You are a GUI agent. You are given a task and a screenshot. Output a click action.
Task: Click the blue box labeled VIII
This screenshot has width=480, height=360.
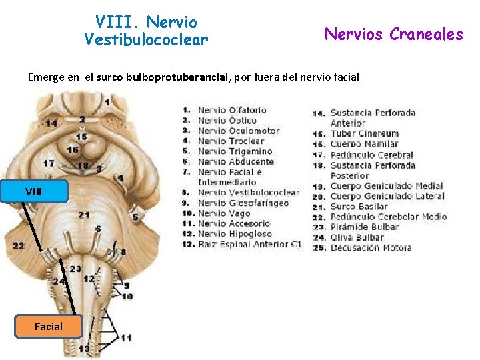click(34, 191)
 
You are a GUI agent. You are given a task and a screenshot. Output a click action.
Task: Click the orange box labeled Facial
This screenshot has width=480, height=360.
click(48, 326)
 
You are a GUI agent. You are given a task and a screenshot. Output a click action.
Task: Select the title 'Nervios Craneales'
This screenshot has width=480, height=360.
click(393, 34)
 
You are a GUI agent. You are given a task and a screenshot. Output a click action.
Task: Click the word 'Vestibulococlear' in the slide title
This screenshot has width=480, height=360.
click(146, 40)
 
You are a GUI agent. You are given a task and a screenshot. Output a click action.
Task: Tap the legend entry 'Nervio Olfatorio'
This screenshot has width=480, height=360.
click(232, 110)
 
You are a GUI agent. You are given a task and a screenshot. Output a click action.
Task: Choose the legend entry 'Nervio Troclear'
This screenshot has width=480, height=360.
click(231, 141)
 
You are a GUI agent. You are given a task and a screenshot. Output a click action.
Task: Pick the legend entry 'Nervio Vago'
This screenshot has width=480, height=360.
click(225, 213)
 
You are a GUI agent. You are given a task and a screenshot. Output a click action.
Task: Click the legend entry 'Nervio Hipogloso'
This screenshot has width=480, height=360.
click(235, 233)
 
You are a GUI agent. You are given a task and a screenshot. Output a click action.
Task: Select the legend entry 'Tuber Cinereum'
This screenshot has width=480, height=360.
click(364, 133)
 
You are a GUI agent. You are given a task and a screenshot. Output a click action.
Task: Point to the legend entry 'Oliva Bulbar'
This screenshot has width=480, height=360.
click(357, 237)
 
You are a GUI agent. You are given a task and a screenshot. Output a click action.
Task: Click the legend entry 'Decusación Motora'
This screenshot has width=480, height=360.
click(371, 247)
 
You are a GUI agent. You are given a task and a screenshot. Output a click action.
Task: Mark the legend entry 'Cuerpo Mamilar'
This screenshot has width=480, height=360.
click(364, 143)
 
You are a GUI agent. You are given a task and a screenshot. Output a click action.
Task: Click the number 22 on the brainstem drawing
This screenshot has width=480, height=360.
click(18, 245)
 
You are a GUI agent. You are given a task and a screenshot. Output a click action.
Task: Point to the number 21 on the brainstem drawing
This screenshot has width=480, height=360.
click(83, 215)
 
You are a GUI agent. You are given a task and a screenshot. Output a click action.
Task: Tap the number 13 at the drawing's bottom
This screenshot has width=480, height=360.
click(84, 349)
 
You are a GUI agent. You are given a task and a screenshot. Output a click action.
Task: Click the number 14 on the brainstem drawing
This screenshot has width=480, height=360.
click(51, 123)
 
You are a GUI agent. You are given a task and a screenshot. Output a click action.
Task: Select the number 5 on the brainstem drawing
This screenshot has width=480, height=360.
click(135, 217)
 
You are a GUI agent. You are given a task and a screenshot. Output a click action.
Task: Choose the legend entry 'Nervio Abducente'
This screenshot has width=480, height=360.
click(235, 161)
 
